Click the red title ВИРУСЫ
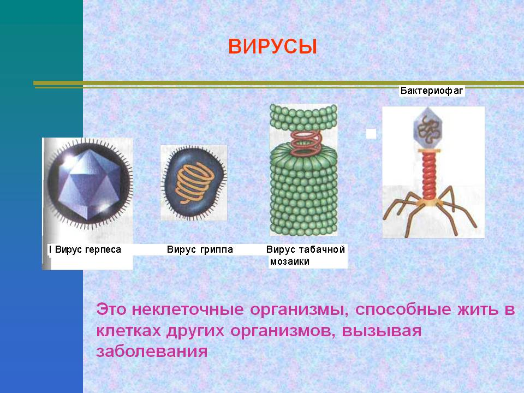pos(272,46)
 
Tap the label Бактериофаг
pos(432,91)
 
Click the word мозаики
pos(290,261)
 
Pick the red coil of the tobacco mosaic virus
pos(306,144)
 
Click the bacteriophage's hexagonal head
pos(427,129)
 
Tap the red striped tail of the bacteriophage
pos(429,175)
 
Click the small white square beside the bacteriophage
pos(371,134)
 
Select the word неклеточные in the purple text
pos(188,309)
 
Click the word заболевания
pos(152,352)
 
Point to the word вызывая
pos(382,331)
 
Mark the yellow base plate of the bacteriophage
pos(430,202)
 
